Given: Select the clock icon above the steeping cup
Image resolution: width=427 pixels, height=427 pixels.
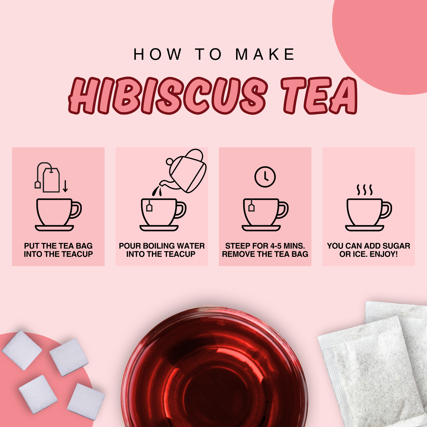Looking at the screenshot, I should tap(265, 177).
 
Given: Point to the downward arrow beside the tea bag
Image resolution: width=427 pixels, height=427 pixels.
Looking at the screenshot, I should tap(65, 186).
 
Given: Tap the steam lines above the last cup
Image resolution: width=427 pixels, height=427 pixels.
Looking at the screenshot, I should tap(365, 190).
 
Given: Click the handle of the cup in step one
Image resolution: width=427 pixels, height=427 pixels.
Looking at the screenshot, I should tap(77, 210).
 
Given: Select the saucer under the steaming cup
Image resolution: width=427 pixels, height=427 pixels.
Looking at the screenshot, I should tap(365, 228).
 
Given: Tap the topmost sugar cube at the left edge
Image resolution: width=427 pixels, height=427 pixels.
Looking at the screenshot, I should tap(22, 350).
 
